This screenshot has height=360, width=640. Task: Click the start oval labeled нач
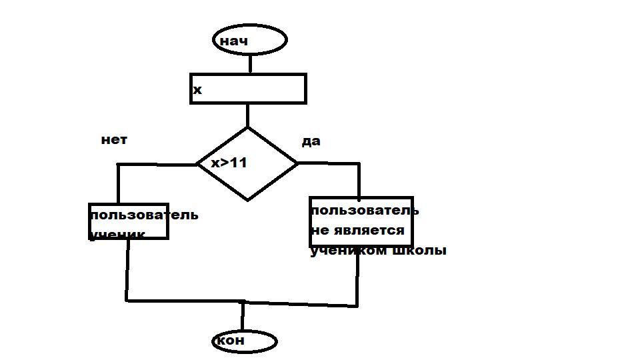point(250,41)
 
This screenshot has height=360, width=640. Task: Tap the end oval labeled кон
point(244,341)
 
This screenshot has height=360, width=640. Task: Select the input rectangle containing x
point(248,89)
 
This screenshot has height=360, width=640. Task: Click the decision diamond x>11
point(248,163)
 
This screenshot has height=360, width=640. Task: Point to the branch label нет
point(114,140)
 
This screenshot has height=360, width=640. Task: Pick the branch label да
point(311,141)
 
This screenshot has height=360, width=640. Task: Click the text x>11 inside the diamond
point(229,163)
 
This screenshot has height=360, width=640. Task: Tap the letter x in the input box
point(197,90)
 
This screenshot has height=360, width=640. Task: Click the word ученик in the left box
point(117,234)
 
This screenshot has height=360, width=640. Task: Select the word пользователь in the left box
point(144,215)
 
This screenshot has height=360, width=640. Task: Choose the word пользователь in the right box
point(365,211)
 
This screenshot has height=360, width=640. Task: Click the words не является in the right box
point(357,231)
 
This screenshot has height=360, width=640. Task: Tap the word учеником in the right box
point(349,251)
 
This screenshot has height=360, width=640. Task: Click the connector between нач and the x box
point(250,63)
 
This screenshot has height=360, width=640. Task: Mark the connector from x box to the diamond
point(247,115)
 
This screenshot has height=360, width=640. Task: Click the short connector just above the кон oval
point(243,316)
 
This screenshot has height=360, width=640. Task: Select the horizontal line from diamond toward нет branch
point(157,164)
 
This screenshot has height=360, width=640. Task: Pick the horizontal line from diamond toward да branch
point(328,163)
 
